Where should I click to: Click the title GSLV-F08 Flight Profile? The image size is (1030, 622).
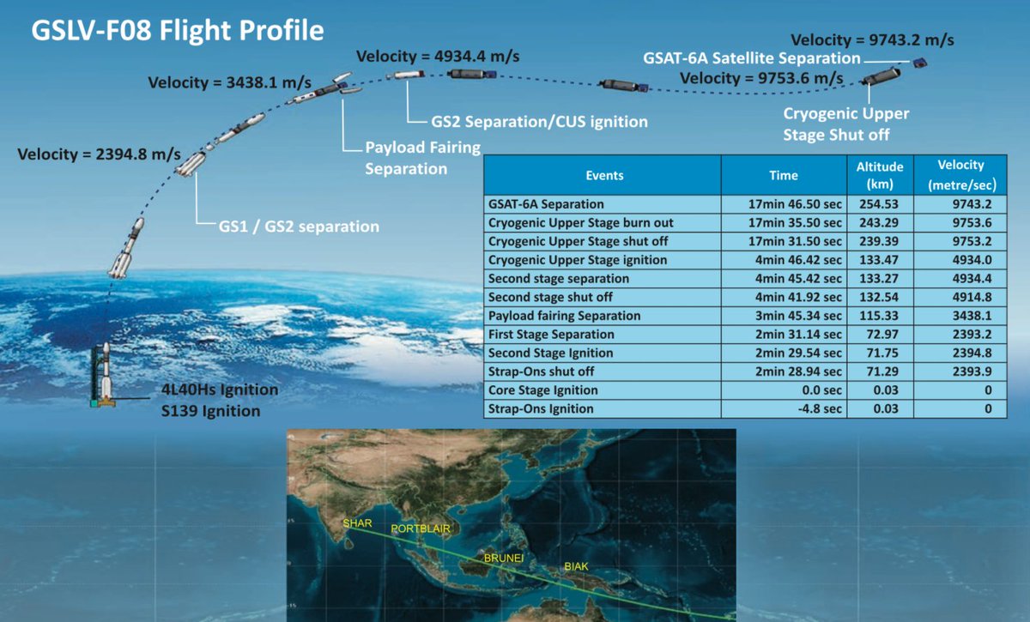pos(178,31)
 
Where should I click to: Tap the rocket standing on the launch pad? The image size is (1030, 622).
pos(106,375)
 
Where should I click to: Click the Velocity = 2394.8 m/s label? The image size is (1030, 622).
pos(99,154)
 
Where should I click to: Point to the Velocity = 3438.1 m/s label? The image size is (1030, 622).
pos(229,82)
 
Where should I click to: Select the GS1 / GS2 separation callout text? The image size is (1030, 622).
pos(299,226)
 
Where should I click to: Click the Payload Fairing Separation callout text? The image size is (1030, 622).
pos(422,158)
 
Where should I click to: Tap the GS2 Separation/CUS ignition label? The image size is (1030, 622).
pos(539,122)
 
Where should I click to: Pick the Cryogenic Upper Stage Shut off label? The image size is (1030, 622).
pos(846,124)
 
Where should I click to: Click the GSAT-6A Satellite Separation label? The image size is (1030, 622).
pos(752,58)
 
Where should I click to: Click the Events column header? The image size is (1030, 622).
pos(604,176)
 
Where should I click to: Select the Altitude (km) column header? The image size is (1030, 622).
pos(880,175)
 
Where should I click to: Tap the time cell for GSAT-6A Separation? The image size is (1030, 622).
pos(795,204)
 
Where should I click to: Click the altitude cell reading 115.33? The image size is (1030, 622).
pos(879,316)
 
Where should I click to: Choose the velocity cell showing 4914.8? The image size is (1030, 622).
pos(972,297)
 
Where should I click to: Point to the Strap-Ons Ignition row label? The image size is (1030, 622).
pos(541,408)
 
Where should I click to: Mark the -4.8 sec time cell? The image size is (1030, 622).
pos(820,408)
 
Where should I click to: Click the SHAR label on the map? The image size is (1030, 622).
pos(357,523)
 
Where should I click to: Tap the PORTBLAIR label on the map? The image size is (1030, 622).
pos(421,528)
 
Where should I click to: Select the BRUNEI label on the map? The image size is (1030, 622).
pos(504,559)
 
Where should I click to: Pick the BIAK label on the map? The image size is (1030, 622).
pos(576,566)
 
